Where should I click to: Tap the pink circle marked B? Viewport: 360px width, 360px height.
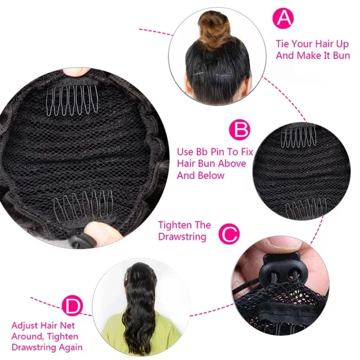tap(240, 131)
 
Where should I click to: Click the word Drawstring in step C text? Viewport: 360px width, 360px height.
tap(182, 237)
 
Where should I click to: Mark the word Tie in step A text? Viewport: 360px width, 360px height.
tap(283, 43)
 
